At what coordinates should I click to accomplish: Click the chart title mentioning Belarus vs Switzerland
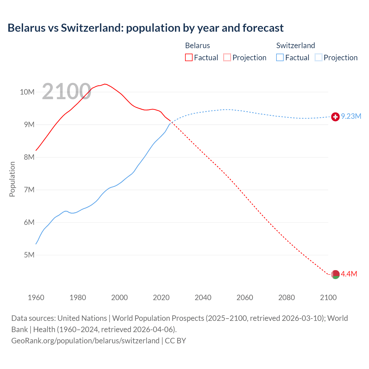[146, 28]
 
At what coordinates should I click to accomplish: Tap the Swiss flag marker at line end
[335, 117]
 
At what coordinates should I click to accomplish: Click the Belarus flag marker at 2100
[335, 274]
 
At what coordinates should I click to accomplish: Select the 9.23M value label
[351, 116]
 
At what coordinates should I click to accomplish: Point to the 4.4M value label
[349, 274]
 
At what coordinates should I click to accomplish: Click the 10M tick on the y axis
[27, 92]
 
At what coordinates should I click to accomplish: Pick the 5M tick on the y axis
[29, 255]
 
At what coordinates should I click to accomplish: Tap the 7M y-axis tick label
[29, 190]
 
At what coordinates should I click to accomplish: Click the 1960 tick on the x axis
[36, 298]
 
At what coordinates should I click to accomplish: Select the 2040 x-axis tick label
[203, 298]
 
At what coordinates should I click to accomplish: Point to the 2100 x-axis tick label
[328, 298]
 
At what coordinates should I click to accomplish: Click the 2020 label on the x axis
[161, 298]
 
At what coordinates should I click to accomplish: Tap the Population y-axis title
[12, 179]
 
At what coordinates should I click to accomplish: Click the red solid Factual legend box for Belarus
[189, 58]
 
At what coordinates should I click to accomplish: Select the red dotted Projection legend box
[227, 58]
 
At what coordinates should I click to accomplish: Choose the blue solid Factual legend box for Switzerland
[280, 58]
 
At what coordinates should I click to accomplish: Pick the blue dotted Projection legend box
[319, 58]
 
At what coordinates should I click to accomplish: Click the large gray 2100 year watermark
[67, 92]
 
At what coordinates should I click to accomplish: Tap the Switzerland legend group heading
[295, 46]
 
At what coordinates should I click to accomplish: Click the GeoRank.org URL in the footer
[85, 341]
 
